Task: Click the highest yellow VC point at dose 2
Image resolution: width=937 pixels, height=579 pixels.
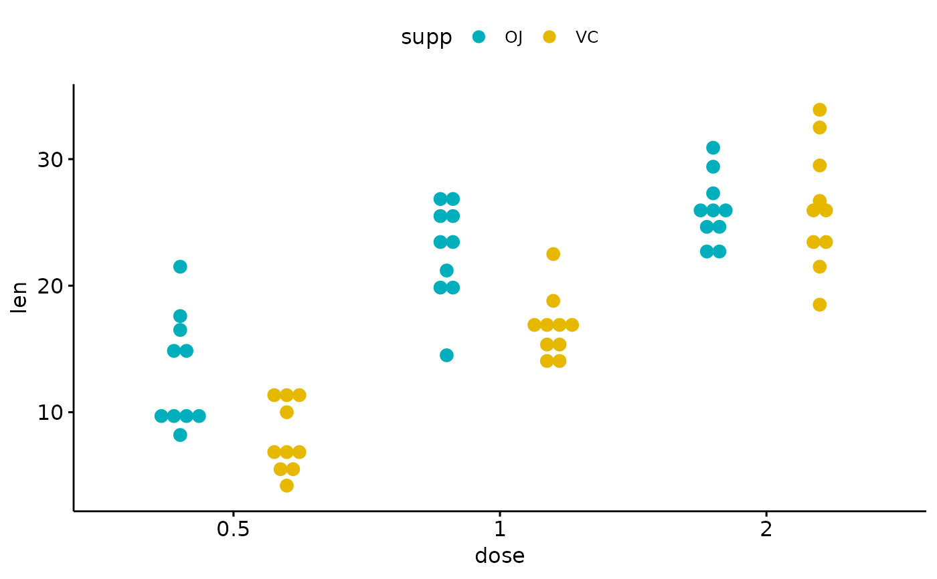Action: point(819,110)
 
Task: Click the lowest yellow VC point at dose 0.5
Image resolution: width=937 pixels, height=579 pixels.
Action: point(286,485)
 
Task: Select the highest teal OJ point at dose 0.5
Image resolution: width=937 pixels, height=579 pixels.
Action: point(180,267)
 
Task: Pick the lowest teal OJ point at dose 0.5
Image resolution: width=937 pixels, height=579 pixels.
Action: point(180,435)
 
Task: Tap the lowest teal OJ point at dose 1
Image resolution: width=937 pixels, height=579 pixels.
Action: point(446,355)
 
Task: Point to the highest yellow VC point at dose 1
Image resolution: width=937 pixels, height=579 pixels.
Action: point(553,254)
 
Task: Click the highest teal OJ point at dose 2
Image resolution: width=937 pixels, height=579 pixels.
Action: point(713,148)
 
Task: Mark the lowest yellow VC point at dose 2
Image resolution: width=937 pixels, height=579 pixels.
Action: point(819,305)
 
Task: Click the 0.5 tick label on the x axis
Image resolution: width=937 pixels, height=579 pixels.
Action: point(233,530)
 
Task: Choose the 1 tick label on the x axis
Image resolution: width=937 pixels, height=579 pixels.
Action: point(499,530)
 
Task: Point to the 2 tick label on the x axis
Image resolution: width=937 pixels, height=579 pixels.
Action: point(766,530)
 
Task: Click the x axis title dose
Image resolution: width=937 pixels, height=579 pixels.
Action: point(499,556)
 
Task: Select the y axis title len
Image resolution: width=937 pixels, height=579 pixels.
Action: point(20,298)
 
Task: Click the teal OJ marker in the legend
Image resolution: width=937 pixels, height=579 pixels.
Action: point(479,37)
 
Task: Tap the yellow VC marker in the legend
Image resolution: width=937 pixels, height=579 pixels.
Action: point(549,37)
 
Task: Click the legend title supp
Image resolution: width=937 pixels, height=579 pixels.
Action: point(426,38)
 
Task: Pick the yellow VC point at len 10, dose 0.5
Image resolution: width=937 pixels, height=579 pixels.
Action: point(286,412)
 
